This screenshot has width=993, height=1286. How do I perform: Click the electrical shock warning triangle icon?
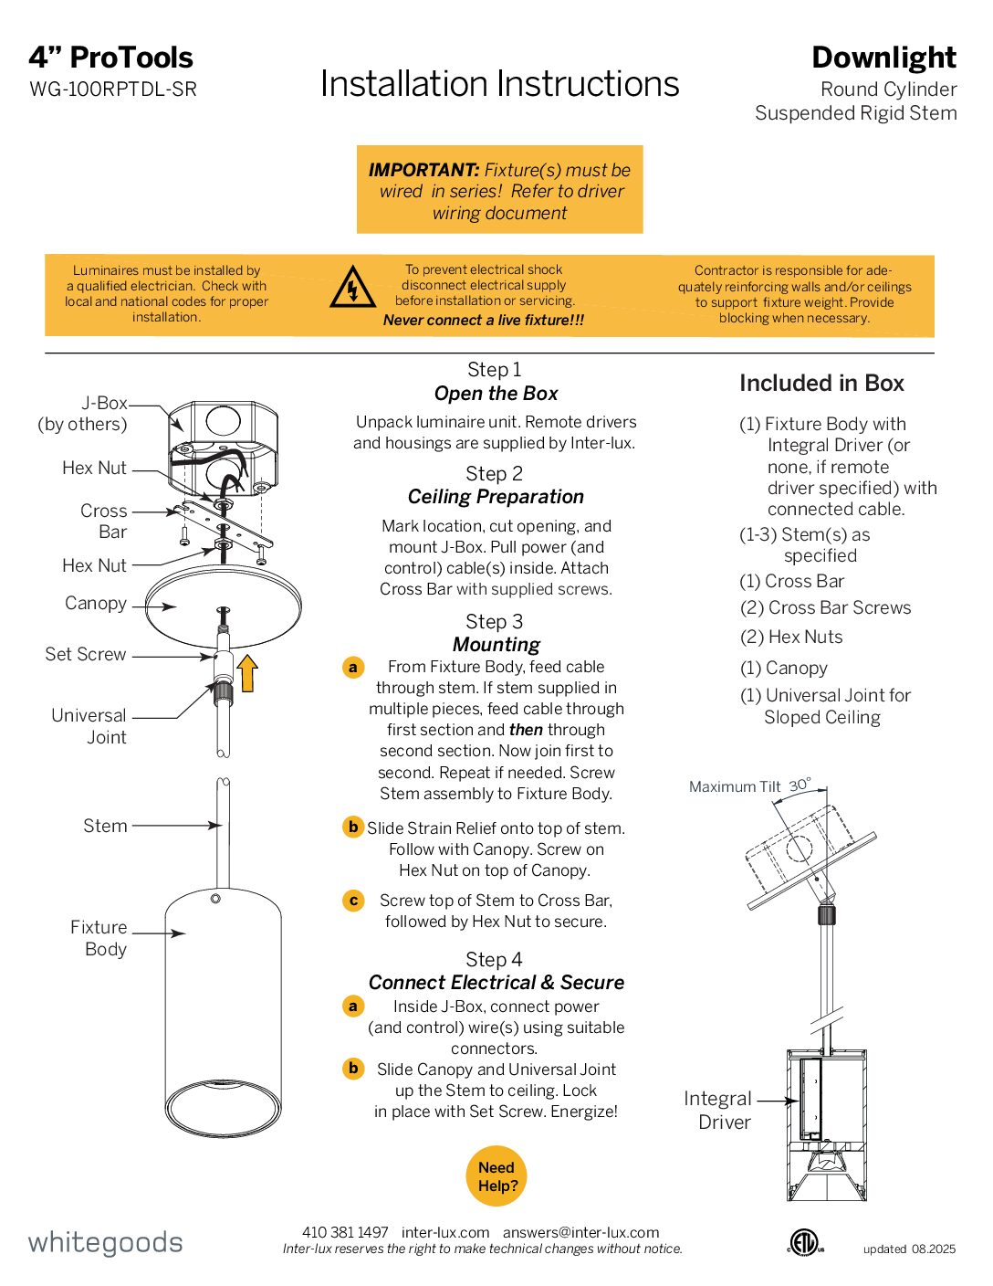351,287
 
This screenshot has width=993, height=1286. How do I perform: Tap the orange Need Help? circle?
496,1176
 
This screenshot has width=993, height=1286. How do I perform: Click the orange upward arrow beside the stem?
247,673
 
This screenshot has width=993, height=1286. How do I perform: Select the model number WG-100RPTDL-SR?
113,90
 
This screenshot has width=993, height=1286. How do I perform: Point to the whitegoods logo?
105,1242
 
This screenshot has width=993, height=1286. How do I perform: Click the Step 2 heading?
494,474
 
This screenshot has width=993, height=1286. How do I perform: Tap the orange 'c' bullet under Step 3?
353,901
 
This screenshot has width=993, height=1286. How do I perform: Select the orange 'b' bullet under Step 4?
353,1068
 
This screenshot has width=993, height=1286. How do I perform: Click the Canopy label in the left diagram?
96,603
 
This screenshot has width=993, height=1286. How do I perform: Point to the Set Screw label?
86,654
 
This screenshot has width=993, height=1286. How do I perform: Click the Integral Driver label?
719,1110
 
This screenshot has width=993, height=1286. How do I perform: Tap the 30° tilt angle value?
800,785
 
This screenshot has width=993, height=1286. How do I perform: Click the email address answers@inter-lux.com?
580,1232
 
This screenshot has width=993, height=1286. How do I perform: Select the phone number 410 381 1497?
345,1232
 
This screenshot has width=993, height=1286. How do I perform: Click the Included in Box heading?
821,384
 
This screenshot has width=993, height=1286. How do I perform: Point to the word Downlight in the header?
883,58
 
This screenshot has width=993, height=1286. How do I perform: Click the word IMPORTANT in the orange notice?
423,170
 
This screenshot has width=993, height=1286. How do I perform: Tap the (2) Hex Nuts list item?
791,637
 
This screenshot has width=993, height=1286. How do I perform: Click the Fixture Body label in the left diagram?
99,938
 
